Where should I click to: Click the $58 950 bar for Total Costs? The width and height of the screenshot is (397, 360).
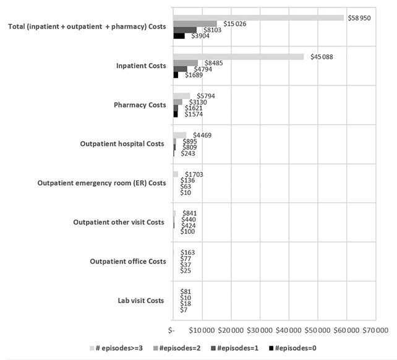(258, 17)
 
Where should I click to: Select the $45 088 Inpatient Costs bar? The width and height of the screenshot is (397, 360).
(239, 57)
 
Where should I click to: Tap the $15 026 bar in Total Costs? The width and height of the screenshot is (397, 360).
(195, 24)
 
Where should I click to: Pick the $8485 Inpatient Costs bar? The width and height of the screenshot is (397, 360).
(186, 62)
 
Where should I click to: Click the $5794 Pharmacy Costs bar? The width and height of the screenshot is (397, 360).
(182, 96)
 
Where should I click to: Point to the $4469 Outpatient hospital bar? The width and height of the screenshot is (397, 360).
(180, 135)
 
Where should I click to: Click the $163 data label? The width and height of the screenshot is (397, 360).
(188, 252)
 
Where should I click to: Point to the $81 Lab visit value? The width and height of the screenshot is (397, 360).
(186, 291)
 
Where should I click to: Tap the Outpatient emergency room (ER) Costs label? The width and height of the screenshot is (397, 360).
(101, 183)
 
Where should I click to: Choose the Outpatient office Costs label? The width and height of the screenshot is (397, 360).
(128, 262)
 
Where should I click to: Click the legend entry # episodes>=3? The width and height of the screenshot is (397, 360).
(117, 348)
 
